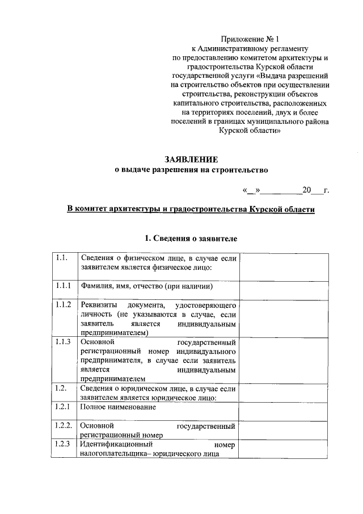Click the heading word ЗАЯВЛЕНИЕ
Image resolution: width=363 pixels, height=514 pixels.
191,159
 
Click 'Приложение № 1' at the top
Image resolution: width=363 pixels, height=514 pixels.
250,39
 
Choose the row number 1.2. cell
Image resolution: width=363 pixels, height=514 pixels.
62,388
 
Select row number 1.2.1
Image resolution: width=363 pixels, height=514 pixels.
63,407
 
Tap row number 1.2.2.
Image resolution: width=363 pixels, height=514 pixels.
64,425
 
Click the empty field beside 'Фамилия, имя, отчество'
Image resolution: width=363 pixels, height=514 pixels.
284,290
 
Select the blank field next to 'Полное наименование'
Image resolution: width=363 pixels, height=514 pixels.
284,411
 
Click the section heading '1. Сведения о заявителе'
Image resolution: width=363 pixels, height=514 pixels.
191,239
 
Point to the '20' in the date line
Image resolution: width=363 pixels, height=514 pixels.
307,190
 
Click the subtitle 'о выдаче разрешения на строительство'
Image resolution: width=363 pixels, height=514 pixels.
191,169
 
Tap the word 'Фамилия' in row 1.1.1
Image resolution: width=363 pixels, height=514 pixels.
95,286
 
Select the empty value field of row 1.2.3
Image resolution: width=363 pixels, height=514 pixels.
284,449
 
